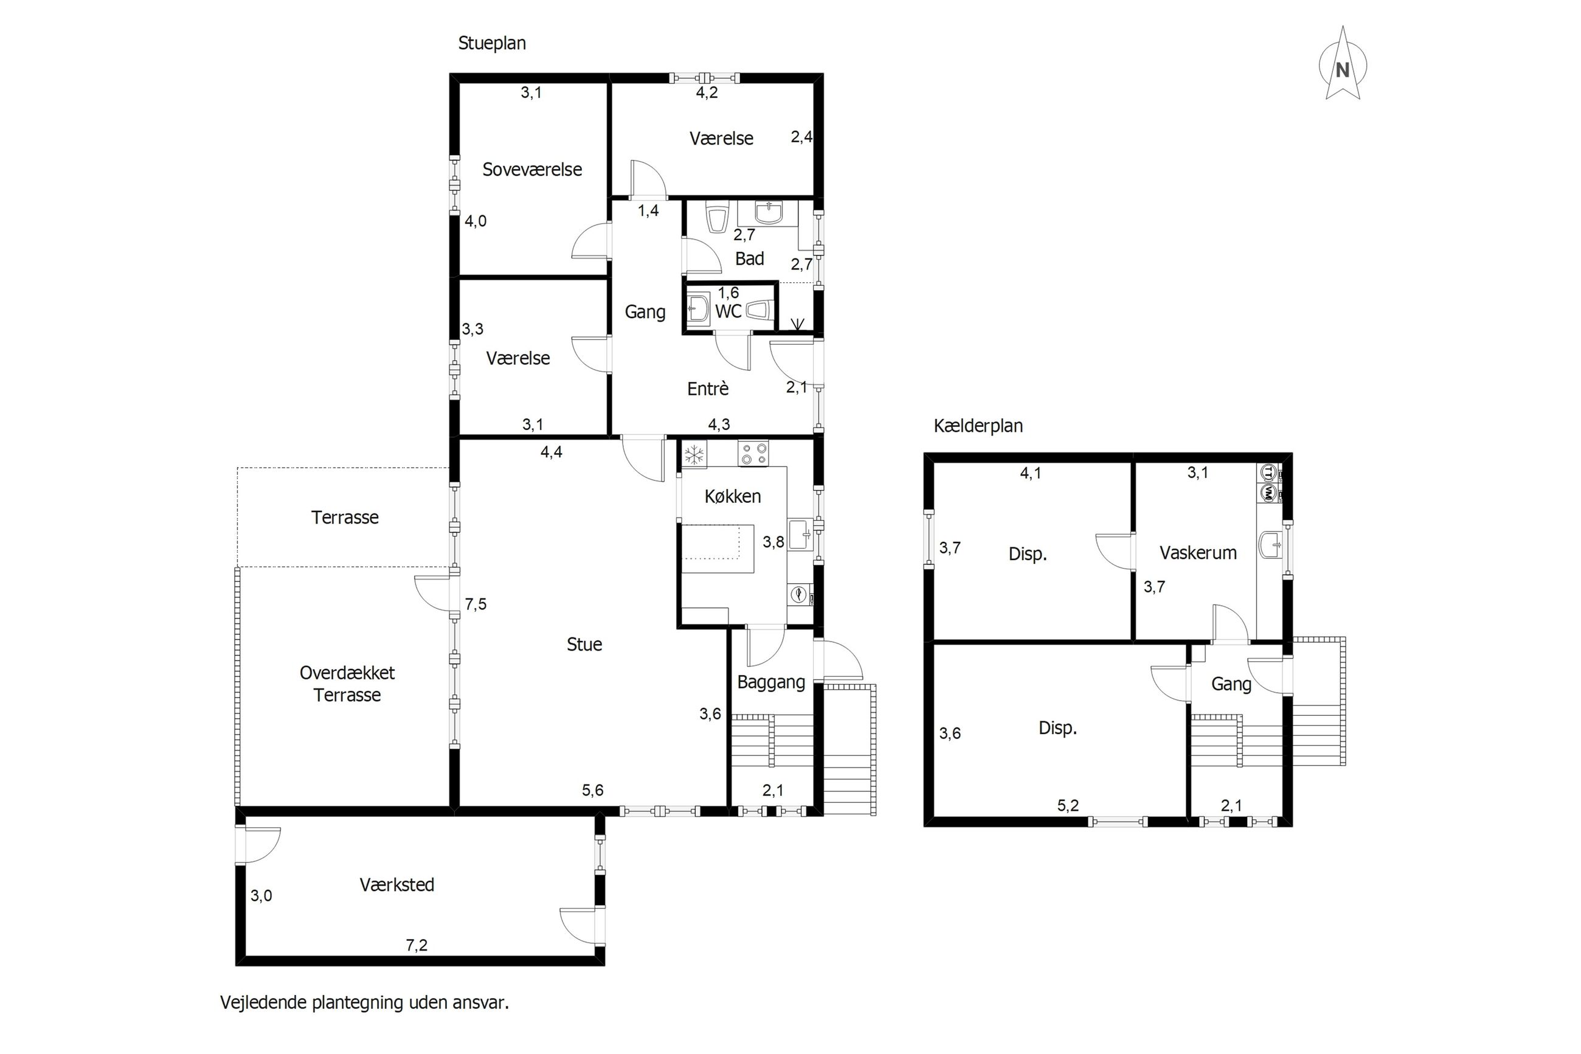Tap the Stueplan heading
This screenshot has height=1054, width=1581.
[492, 44]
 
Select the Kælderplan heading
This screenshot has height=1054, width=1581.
[978, 426]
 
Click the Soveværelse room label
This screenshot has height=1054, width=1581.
[532, 170]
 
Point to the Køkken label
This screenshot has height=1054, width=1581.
[732, 497]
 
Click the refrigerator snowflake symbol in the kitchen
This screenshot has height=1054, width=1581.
[694, 454]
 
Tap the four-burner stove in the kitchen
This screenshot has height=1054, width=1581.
[753, 453]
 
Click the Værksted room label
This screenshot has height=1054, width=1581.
[396, 884]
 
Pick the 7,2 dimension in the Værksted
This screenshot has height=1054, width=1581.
[417, 945]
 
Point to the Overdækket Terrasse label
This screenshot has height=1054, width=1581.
[347, 684]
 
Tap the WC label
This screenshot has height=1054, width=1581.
[728, 311]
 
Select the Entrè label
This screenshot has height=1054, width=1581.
[708, 389]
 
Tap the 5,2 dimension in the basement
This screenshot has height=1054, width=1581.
[1068, 805]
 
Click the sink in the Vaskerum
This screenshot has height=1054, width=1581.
[1271, 545]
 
